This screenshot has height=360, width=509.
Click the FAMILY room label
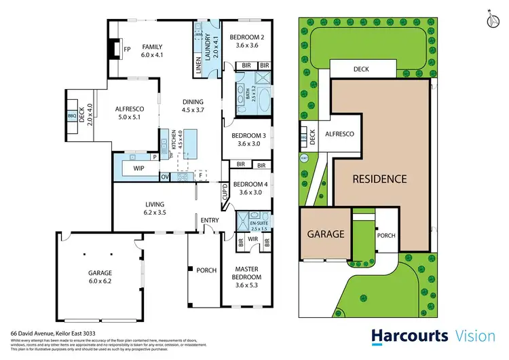[152, 47]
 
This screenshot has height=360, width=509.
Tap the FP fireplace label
[127, 50]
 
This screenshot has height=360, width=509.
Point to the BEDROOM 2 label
[246, 37]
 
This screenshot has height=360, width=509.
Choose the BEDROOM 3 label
[247, 134]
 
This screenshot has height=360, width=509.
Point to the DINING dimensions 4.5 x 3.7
[193, 111]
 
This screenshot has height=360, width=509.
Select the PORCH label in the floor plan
[206, 270]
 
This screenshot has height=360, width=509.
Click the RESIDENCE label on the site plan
[379, 179]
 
